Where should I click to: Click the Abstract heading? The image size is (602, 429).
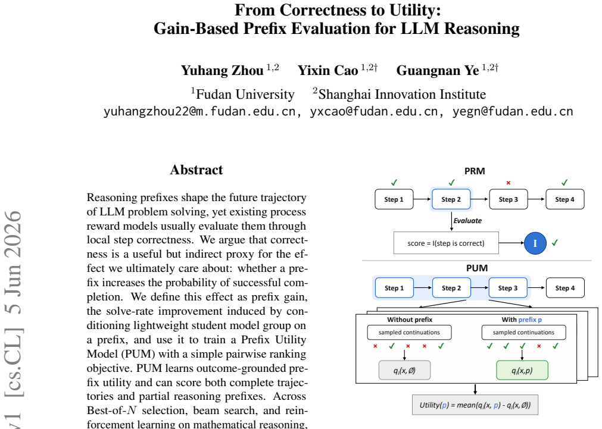(x=196, y=170)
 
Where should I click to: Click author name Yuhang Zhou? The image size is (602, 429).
(x=222, y=70)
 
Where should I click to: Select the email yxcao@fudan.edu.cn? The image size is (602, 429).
(x=373, y=111)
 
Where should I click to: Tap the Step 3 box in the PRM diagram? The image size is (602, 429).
(x=509, y=199)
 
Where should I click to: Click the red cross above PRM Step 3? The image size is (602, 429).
(x=509, y=183)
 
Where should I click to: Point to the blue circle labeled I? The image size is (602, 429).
(x=535, y=243)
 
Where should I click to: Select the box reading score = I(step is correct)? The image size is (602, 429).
(x=446, y=243)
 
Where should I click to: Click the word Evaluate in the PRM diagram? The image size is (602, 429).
(x=467, y=221)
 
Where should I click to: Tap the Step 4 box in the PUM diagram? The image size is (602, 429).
(x=565, y=288)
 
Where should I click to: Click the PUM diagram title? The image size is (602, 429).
(x=477, y=268)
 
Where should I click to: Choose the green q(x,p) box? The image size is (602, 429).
(x=522, y=370)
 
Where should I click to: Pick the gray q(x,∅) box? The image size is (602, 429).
(x=405, y=370)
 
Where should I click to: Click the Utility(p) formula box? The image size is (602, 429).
(x=475, y=405)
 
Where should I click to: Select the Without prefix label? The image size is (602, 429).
(x=410, y=320)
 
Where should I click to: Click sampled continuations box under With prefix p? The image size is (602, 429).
(x=523, y=332)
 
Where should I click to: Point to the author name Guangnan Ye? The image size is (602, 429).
(x=438, y=70)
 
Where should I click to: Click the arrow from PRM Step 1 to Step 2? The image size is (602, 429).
(x=422, y=199)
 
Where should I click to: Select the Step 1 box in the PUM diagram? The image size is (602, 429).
(x=394, y=288)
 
